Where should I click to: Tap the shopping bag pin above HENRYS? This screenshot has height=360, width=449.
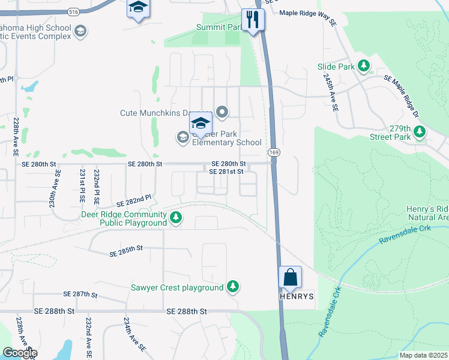pos(291,278)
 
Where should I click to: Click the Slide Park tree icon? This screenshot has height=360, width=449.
pos(364,65)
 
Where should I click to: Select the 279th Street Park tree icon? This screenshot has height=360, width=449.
pos(420,131)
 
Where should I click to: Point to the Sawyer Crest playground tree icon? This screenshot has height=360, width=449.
pos(233,287)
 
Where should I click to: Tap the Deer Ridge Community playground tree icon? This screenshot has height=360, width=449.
pos(176,217)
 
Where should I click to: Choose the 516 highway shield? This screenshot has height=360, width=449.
pos(74,11)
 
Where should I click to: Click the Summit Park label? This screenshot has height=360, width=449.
pos(218,28)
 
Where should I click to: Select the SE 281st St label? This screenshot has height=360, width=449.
pos(226,172)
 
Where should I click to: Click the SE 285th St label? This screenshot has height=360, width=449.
pos(125,251)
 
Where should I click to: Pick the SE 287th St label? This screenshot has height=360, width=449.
pos(80,295)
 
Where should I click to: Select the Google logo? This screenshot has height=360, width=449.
pos(20,353)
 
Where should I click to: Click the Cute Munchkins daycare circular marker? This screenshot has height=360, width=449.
pos(222,111)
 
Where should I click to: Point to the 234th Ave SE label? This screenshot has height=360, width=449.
pos(134,335)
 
